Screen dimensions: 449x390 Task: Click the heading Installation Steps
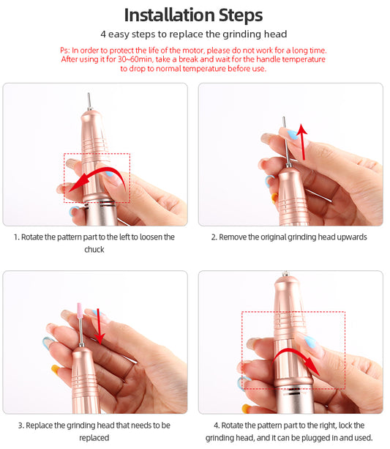click(x=194, y=15)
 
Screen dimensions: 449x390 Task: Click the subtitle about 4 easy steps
click(x=194, y=34)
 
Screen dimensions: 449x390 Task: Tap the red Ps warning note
click(x=194, y=59)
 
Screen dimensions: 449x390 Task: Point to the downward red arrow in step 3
click(x=99, y=326)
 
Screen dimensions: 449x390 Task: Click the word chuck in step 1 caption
click(x=94, y=250)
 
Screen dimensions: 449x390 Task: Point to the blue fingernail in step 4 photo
click(x=310, y=342)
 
